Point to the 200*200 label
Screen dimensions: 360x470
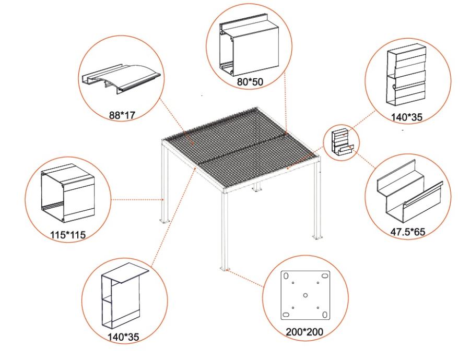point(305,330)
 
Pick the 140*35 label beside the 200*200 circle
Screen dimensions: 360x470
point(124,338)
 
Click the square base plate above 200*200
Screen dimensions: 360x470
point(305,296)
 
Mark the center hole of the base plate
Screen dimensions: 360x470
point(305,295)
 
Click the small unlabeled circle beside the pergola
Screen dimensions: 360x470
point(340,142)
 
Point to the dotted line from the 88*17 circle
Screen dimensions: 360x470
point(175,123)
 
